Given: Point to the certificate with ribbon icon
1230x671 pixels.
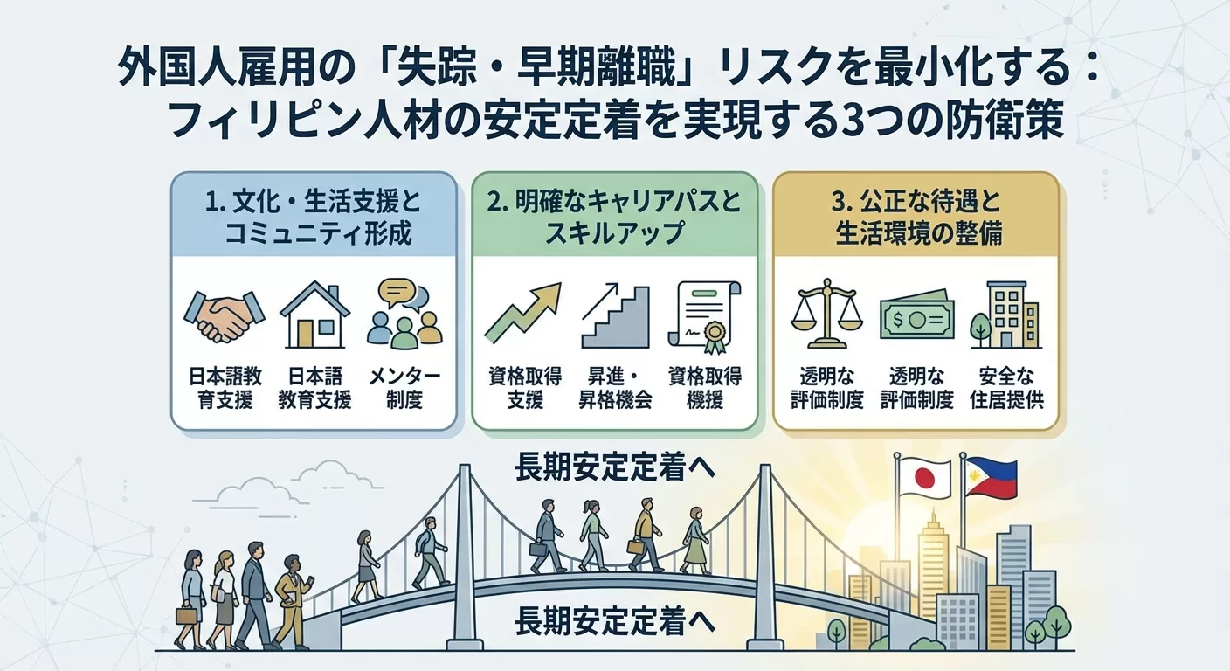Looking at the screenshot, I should pyautogui.click(x=705, y=315).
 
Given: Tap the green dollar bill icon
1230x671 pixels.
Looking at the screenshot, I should pyautogui.click(x=916, y=317).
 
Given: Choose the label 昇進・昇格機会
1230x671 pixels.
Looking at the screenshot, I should pyautogui.click(x=614, y=388).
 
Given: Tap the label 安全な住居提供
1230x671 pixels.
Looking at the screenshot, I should pyautogui.click(x=1006, y=388).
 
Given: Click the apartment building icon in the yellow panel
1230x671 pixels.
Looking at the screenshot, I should pyautogui.click(x=1006, y=314).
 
